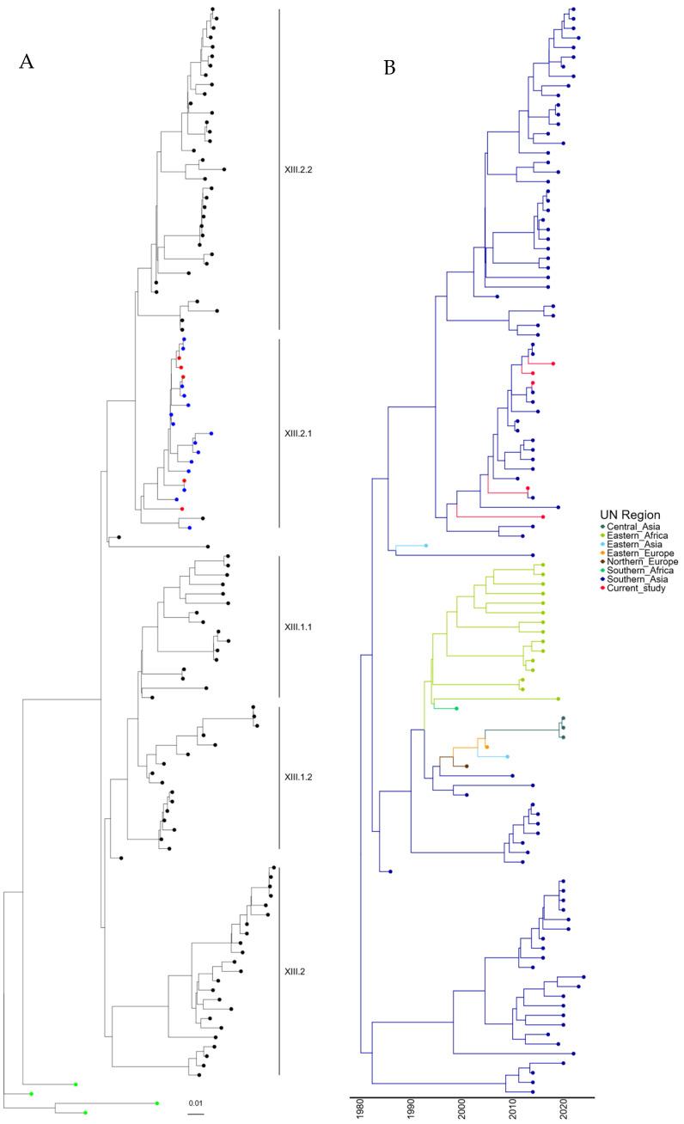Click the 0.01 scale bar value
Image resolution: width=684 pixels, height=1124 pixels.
coord(197,1102)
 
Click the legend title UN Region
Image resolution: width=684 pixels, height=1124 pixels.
coord(629,515)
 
